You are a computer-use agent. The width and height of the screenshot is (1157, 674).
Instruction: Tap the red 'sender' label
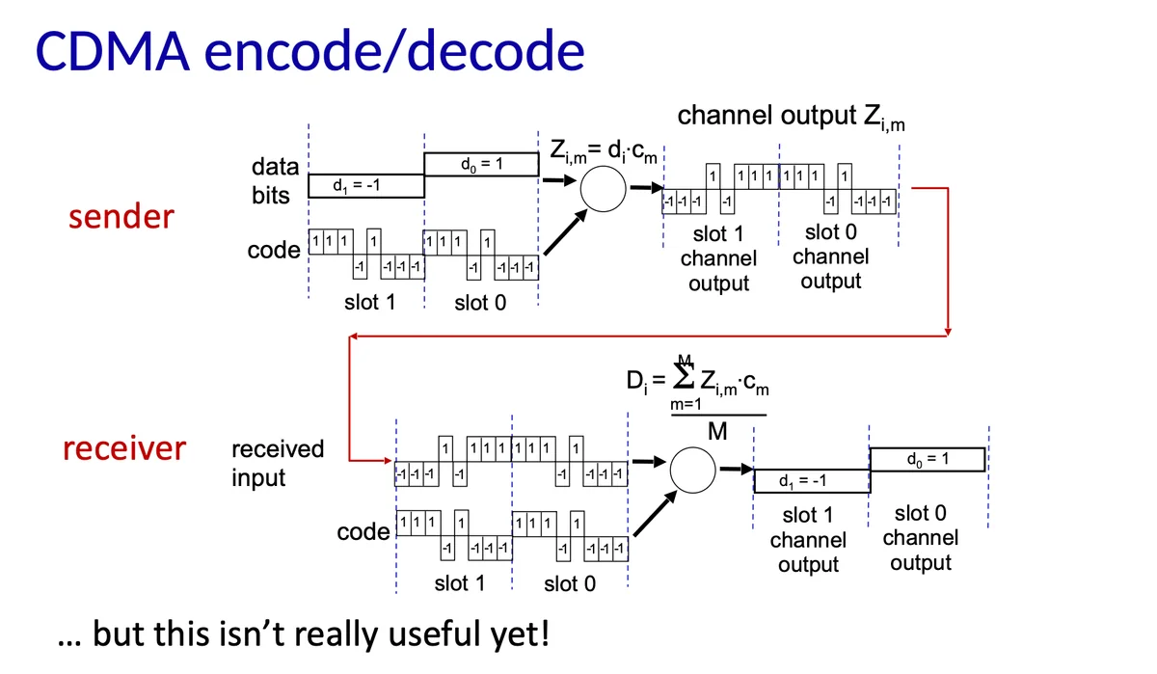click(x=121, y=216)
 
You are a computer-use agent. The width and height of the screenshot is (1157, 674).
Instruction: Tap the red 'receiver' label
click(x=124, y=447)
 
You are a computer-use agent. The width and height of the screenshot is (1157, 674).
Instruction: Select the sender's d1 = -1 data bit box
click(x=366, y=186)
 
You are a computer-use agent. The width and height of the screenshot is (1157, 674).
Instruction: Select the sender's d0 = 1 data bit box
click(x=481, y=164)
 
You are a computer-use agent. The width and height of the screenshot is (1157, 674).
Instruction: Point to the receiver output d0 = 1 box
click(x=928, y=459)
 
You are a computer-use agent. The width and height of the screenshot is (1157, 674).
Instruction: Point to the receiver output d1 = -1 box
click(x=812, y=481)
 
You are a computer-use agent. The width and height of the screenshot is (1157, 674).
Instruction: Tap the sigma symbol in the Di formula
click(x=684, y=376)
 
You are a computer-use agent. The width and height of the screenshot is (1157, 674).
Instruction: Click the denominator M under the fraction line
click(x=717, y=431)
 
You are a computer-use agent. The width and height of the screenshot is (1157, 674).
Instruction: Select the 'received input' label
click(x=278, y=463)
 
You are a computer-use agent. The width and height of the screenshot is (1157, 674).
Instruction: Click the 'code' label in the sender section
click(x=274, y=251)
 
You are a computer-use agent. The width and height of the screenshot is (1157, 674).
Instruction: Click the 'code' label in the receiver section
click(x=363, y=532)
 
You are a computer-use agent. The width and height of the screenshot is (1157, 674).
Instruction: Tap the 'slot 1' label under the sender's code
click(x=370, y=302)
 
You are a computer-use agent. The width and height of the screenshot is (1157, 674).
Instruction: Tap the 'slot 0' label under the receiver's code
click(x=570, y=583)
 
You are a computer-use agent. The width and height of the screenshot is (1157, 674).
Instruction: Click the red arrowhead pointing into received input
click(x=388, y=460)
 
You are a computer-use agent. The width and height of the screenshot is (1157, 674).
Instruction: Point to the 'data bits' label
click(x=275, y=180)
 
